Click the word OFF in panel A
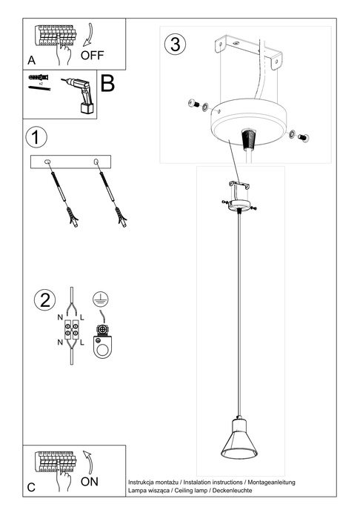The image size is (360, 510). pyautogui.click(x=93, y=55)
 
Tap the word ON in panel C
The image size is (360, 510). pyautogui.click(x=90, y=481)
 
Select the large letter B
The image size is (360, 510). pyautogui.click(x=107, y=84)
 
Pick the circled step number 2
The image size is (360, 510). pyautogui.click(x=44, y=299)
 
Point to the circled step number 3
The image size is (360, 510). pyautogui.click(x=175, y=44)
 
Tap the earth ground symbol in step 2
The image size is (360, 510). pyautogui.click(x=98, y=298)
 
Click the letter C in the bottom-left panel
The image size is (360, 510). pyautogui.click(x=31, y=487)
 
